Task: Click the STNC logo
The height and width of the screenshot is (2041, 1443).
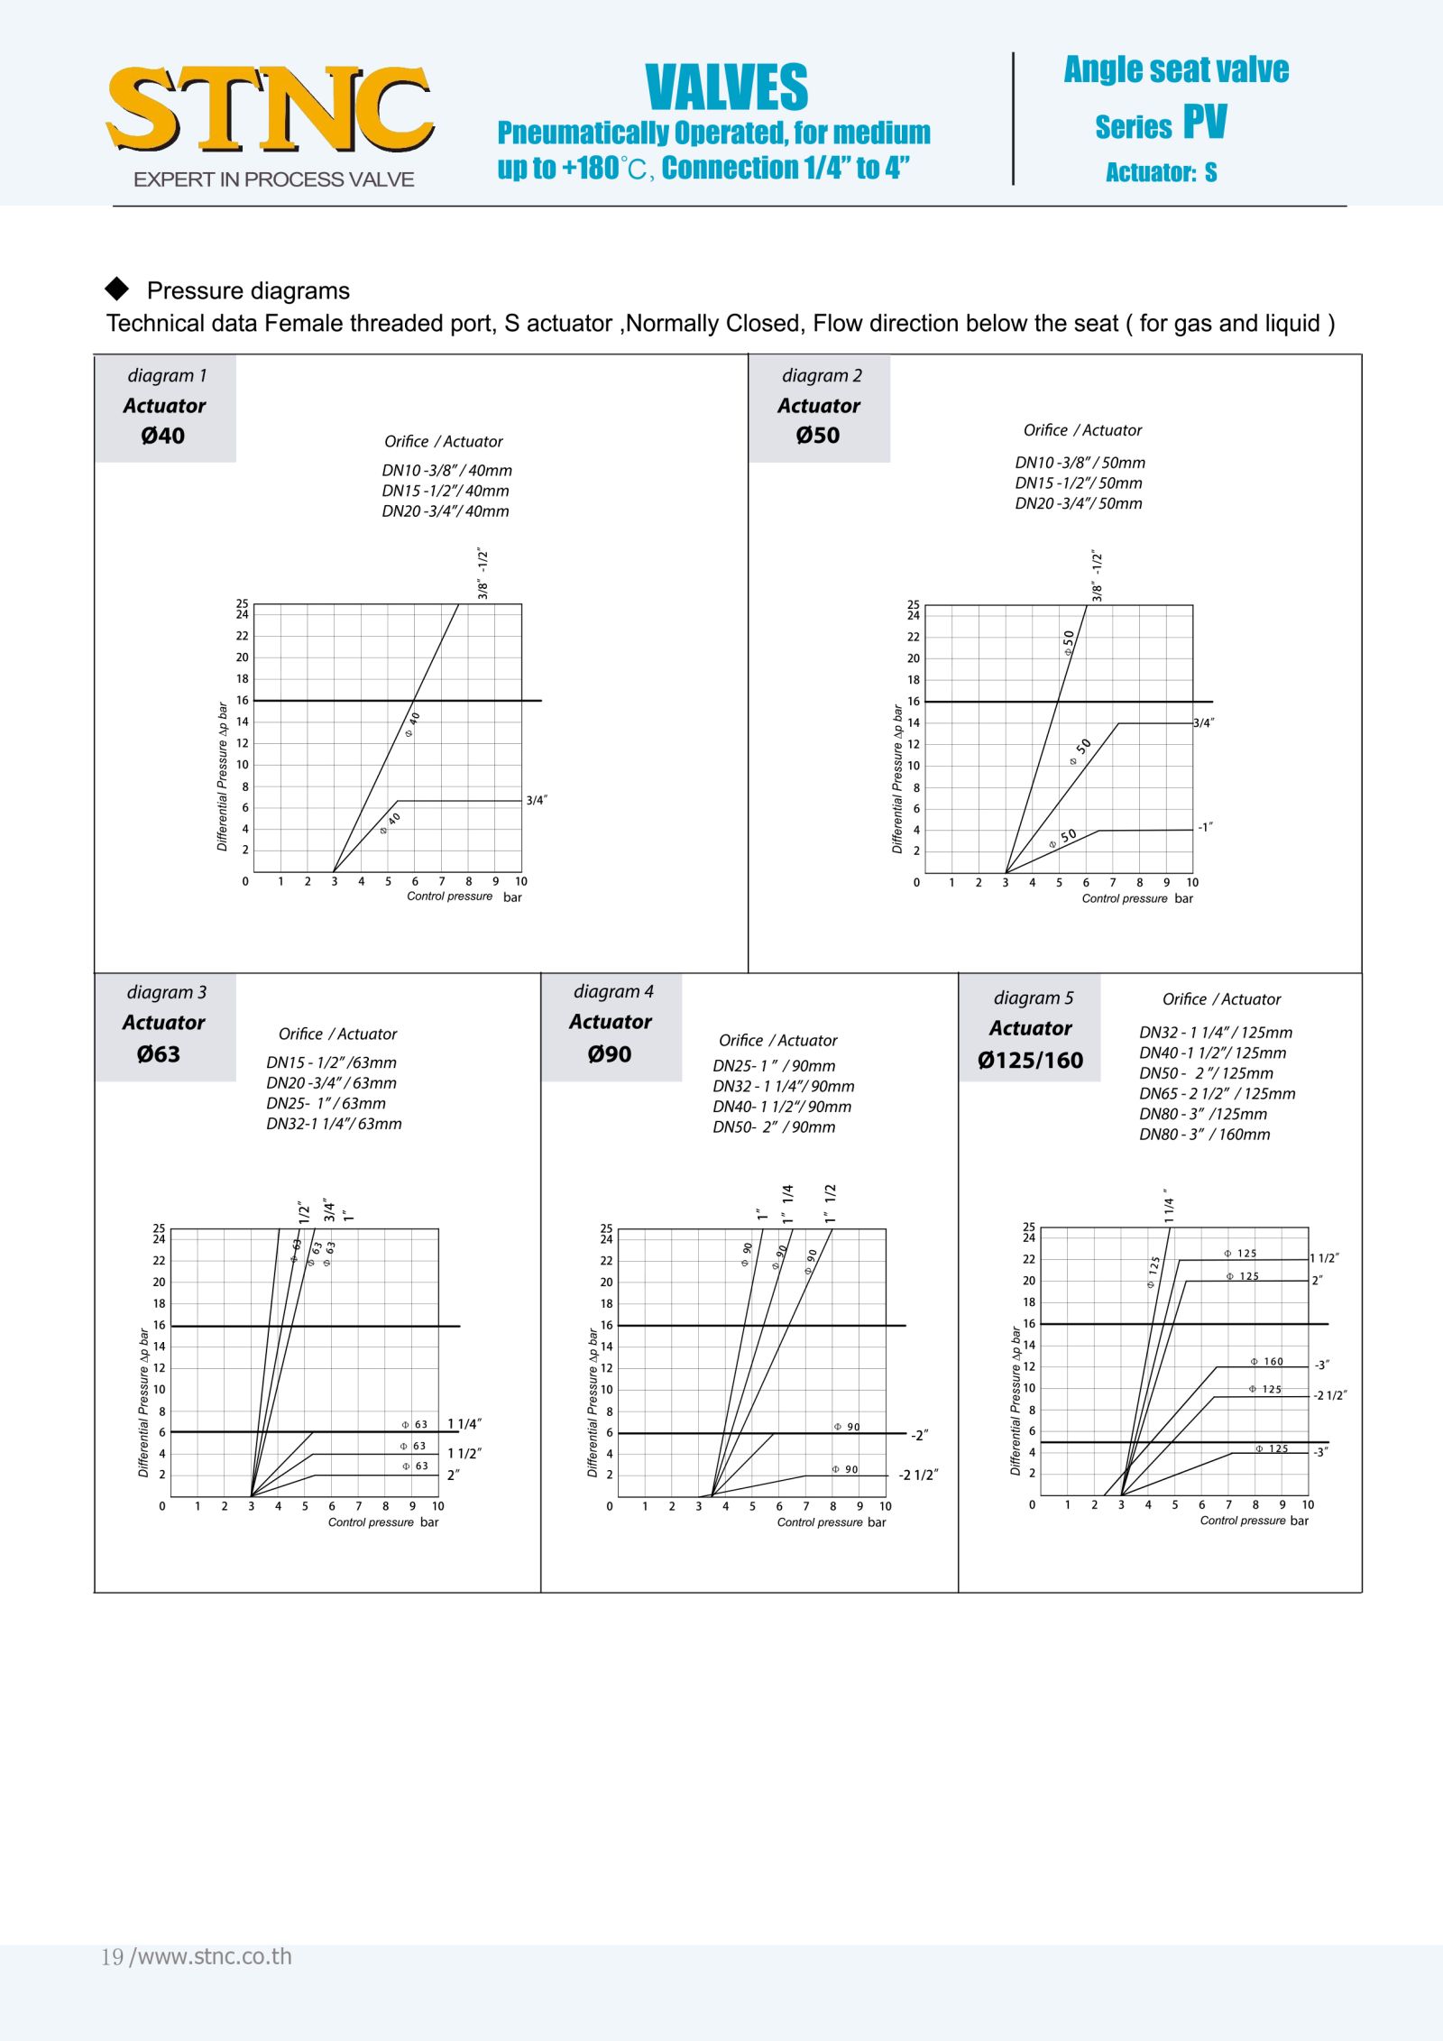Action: (271, 110)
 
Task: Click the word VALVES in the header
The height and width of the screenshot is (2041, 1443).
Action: (726, 87)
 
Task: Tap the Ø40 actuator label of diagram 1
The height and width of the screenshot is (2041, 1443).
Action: (163, 436)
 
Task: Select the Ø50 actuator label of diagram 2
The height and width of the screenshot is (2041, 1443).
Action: (818, 436)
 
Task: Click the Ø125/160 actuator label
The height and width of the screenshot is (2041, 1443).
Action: (1030, 1061)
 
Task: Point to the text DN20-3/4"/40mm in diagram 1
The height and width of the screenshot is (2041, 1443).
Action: (446, 511)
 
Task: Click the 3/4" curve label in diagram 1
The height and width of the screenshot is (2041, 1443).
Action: (537, 800)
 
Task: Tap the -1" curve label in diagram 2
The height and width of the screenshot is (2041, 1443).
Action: (1205, 827)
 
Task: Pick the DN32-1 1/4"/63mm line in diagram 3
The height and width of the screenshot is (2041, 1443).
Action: (334, 1124)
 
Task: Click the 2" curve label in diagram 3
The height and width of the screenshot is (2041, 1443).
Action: (454, 1476)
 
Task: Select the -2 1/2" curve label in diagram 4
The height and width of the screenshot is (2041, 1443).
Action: (918, 1476)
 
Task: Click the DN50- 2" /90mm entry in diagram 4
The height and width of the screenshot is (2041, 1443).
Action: (774, 1127)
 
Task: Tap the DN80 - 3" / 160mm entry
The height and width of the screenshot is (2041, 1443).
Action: (1204, 1135)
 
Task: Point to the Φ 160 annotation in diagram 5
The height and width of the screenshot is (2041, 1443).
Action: (1267, 1362)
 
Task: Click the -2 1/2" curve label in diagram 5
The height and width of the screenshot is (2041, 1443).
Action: (1330, 1395)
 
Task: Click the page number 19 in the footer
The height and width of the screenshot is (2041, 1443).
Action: (112, 1957)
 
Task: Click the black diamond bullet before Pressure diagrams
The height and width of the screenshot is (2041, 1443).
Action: (117, 289)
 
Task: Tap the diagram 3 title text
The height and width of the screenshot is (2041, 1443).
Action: (166, 992)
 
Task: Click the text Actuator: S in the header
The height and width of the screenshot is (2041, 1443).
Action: (1162, 172)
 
